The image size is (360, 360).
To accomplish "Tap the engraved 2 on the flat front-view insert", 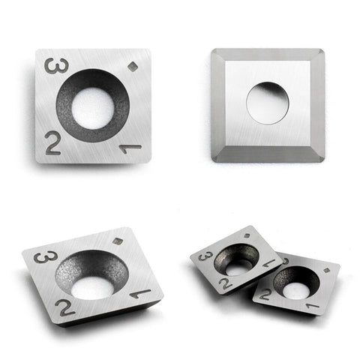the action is (x=53, y=143).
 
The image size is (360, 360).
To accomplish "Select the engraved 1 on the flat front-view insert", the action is (x=130, y=148).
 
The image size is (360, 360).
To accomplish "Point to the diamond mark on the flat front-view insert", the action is (x=132, y=66).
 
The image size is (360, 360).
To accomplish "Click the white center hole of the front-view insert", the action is (x=93, y=108).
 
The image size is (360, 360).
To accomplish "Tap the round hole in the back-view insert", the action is (x=268, y=103).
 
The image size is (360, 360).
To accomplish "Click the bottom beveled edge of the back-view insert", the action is (x=268, y=154).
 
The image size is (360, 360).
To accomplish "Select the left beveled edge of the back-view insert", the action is (x=218, y=105).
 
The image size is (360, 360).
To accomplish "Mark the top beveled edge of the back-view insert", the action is (x=268, y=55).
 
